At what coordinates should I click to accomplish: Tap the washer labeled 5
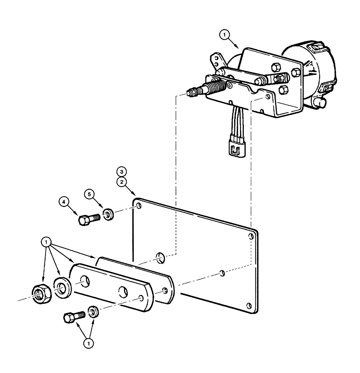coord(109,215)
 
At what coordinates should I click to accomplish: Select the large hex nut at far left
coord(40,289)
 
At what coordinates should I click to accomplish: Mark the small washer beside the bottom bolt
coord(93,311)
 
